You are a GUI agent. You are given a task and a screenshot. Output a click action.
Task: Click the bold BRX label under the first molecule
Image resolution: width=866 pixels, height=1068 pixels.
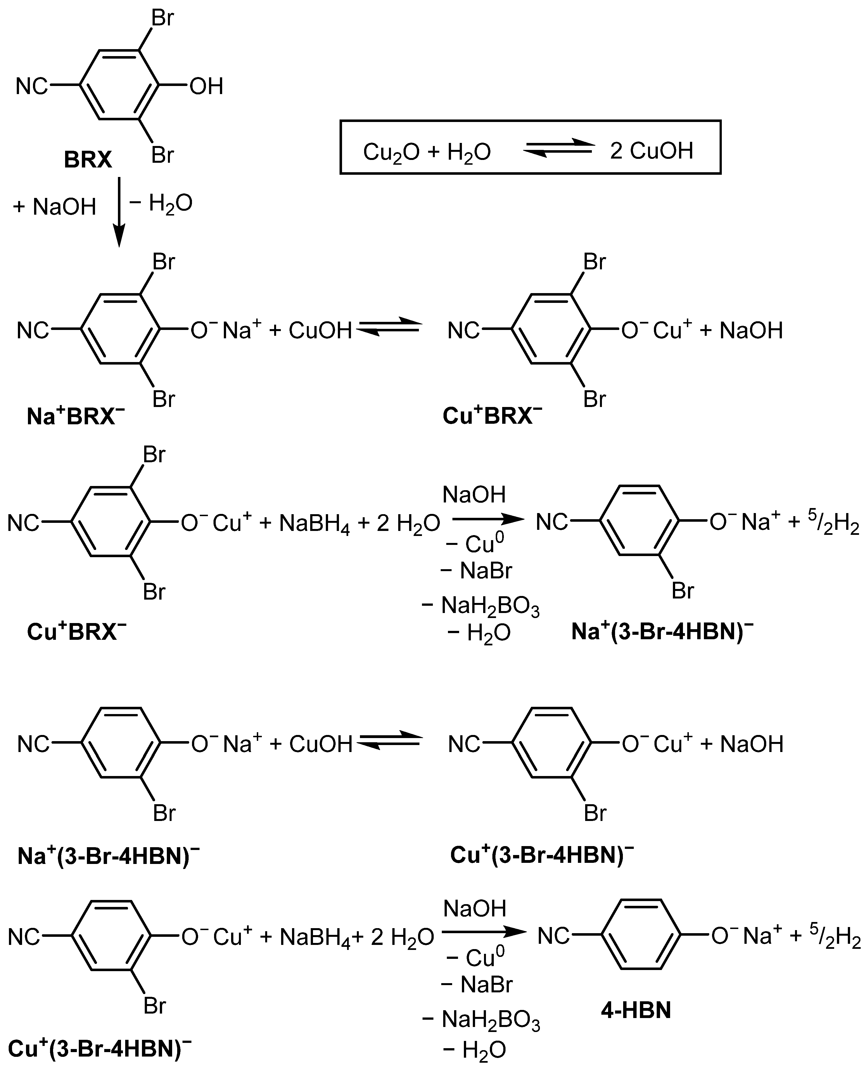tap(88, 160)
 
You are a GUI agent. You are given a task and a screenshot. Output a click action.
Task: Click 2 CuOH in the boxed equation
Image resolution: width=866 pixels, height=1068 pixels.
tap(651, 150)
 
